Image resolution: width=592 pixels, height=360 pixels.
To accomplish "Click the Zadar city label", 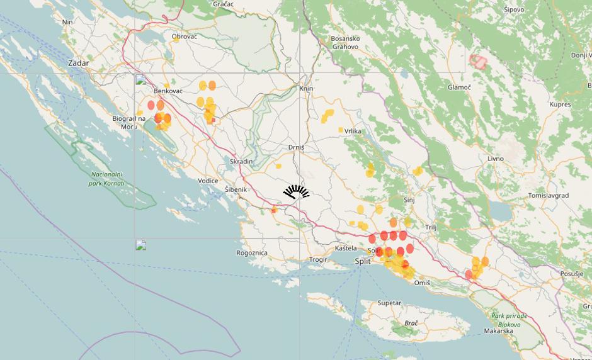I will (79, 64).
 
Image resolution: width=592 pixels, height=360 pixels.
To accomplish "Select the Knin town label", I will (307, 89).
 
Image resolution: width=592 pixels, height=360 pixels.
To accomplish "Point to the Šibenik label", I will (236, 189).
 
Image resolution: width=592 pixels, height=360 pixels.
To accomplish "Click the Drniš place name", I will (296, 147).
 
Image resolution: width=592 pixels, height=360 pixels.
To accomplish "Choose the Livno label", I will (495, 159).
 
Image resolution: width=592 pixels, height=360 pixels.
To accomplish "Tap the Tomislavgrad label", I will (548, 196).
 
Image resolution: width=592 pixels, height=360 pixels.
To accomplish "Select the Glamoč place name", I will (459, 87).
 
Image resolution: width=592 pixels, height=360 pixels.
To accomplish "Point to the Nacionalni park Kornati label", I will (106, 179).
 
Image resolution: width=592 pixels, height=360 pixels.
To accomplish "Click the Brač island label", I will (411, 323).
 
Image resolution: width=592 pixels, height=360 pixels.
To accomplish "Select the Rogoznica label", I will (252, 253).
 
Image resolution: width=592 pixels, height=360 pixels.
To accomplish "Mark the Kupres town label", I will (560, 104).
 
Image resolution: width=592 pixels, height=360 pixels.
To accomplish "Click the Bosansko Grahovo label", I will (344, 43).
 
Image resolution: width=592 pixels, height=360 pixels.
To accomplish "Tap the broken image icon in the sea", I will (141, 245).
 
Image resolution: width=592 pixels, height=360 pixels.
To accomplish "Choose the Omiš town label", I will (422, 283).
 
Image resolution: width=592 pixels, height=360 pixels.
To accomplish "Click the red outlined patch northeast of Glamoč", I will (479, 61).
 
